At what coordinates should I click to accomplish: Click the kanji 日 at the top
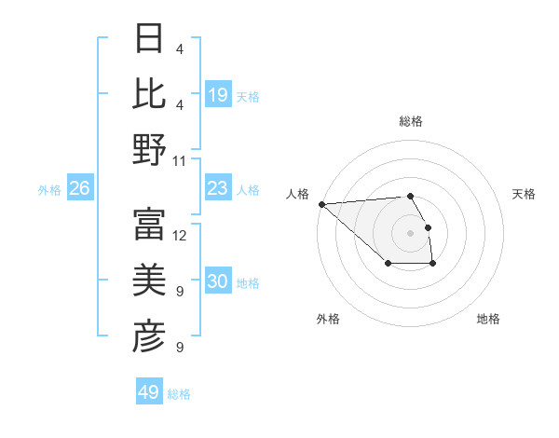click(x=150, y=39)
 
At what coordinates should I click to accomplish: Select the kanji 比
click(x=150, y=94)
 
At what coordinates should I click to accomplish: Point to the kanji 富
click(x=150, y=224)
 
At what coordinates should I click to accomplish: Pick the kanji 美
click(x=150, y=281)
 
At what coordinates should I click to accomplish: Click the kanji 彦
click(x=150, y=336)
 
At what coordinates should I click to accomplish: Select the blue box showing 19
click(x=218, y=94)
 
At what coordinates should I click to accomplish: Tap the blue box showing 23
click(x=218, y=188)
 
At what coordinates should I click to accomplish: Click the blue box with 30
click(x=218, y=282)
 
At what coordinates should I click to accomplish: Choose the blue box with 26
click(x=79, y=188)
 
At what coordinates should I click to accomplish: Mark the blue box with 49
click(x=149, y=392)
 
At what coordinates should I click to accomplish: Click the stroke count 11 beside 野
click(x=180, y=161)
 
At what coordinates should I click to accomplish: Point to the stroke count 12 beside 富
click(x=180, y=235)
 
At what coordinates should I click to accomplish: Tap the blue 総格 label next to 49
click(x=180, y=394)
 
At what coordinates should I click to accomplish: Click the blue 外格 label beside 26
click(x=49, y=189)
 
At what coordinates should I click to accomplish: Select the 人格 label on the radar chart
click(x=298, y=194)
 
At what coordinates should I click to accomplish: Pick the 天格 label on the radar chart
click(x=524, y=194)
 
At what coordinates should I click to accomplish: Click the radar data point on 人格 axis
click(x=321, y=204)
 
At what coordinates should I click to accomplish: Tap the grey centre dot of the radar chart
click(x=410, y=232)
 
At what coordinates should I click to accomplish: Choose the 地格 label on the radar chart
click(x=488, y=319)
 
